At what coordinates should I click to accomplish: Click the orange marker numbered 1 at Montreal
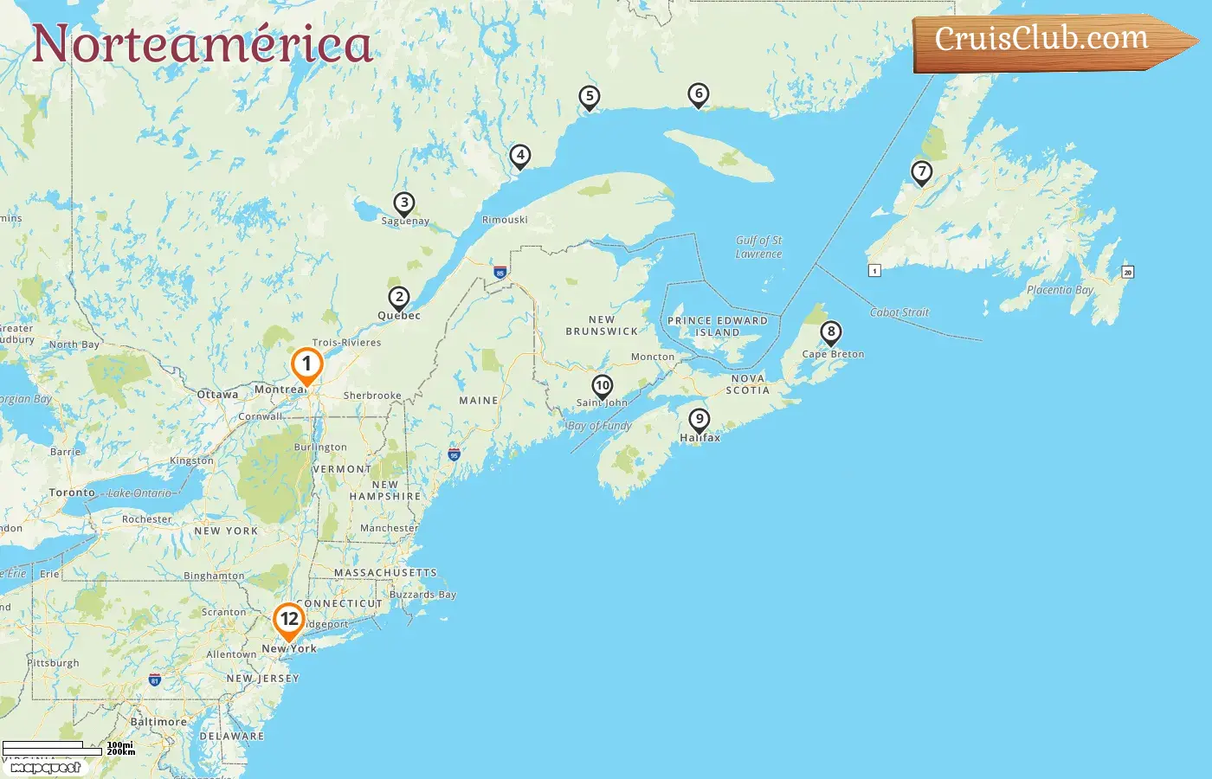tap(306, 365)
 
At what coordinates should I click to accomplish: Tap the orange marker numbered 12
tap(289, 620)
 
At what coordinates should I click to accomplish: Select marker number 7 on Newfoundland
tap(922, 172)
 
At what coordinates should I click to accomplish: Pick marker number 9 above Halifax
tap(699, 420)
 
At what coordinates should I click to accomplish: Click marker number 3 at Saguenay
tap(404, 203)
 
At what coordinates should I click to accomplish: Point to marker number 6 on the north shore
tap(699, 94)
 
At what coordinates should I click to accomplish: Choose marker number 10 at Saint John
tap(603, 386)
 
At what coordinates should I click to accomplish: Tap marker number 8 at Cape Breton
tap(831, 332)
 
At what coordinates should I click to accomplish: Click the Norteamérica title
tap(203, 44)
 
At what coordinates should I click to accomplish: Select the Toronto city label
tap(72, 493)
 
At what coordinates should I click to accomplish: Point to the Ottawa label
tap(217, 395)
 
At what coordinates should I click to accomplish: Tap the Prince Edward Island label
tap(718, 326)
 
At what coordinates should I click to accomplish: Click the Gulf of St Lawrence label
tap(759, 247)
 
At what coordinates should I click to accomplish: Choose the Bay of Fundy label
tap(600, 426)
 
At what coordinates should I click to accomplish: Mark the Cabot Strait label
tap(899, 312)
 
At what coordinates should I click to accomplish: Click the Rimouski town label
tap(505, 220)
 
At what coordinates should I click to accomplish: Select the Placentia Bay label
tap(1060, 290)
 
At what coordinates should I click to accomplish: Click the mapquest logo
tap(45, 768)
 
